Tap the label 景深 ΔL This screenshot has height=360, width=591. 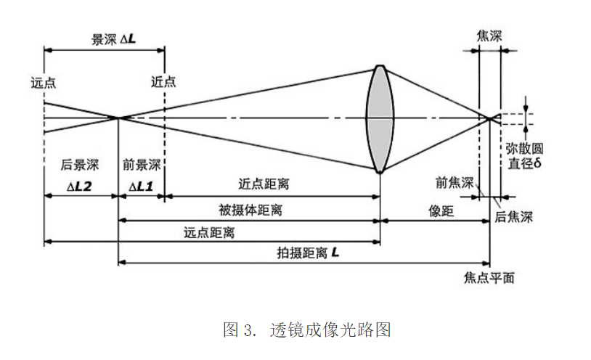coord(113,40)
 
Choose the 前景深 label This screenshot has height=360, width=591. coord(142,165)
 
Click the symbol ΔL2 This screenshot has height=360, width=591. coord(79,186)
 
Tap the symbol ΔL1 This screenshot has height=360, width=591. coord(141,186)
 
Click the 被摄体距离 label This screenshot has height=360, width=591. coord(250,210)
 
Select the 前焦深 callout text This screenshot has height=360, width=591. coord(452,181)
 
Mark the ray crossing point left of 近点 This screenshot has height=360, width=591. coord(118,118)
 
